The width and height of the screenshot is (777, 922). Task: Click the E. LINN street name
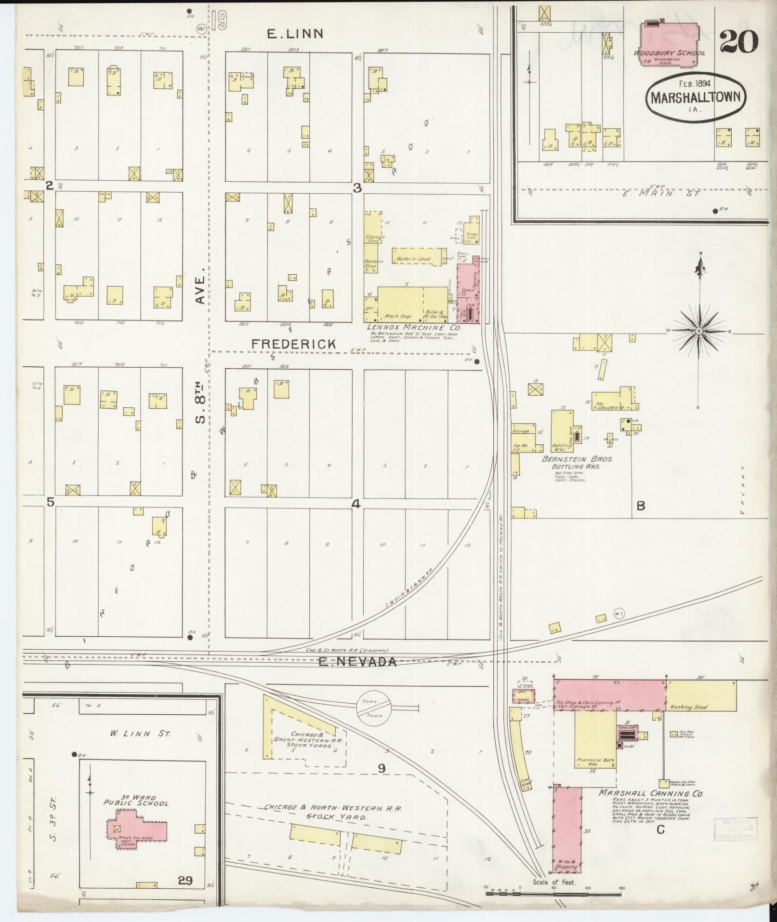[295, 34]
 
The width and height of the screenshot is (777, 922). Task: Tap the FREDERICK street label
[293, 344]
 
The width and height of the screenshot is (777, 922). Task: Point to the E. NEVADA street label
[358, 662]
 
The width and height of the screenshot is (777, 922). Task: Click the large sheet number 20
[739, 42]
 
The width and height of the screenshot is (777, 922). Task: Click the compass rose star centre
[698, 331]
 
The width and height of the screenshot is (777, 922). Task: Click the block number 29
[185, 881]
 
